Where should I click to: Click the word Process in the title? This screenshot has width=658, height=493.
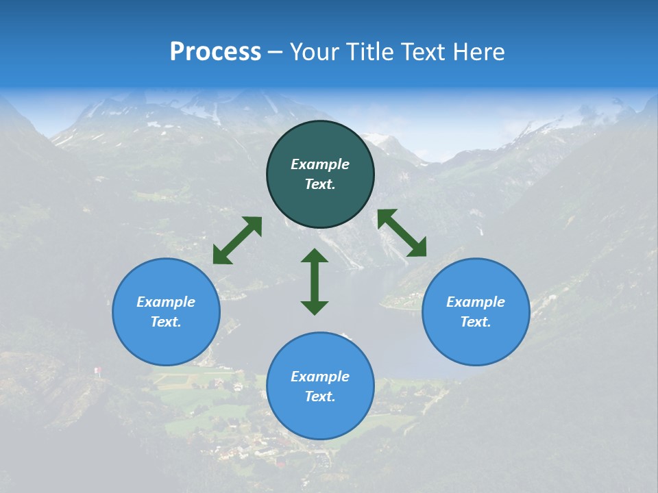215,52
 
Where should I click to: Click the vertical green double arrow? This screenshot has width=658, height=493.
315,281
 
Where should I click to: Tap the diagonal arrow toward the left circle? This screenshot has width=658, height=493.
237,240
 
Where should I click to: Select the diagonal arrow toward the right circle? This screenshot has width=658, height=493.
402,233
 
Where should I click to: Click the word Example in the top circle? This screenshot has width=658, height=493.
320,164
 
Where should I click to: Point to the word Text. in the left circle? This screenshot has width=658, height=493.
166,322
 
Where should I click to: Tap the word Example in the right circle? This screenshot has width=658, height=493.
476,302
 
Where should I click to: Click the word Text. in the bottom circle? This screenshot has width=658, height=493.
320,396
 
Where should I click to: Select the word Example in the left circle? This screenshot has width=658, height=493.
166,302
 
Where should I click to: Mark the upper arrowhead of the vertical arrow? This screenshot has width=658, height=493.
315,256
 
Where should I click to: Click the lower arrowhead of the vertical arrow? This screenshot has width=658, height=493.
315,307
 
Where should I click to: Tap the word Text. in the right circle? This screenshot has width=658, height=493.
476,322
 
